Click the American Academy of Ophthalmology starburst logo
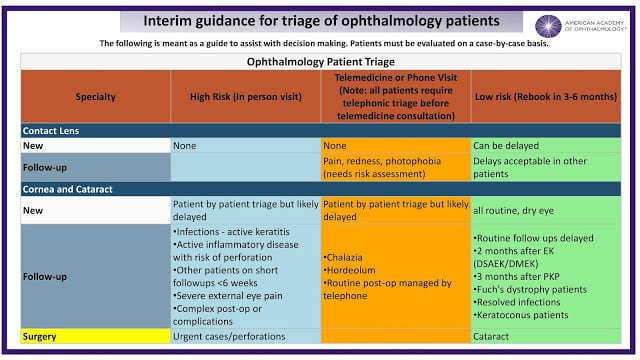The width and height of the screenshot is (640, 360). (548, 26)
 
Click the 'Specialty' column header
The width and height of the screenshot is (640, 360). (96, 97)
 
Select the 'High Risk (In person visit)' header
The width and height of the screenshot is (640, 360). (246, 97)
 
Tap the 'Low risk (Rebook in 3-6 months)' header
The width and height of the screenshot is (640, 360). (546, 97)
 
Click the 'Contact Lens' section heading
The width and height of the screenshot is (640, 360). (51, 131)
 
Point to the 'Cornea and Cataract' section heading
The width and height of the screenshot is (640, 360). (67, 189)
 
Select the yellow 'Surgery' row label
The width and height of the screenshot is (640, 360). (40, 337)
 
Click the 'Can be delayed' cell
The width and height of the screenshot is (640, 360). (506, 146)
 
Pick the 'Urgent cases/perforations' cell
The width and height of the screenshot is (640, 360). (229, 337)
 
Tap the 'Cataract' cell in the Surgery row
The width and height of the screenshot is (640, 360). (491, 337)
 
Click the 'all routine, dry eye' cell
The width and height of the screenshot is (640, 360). (513, 211)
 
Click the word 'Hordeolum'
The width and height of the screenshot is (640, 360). (349, 270)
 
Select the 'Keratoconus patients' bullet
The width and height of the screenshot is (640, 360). (521, 315)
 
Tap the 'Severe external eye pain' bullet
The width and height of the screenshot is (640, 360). (228, 296)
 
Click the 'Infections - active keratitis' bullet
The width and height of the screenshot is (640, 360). (231, 232)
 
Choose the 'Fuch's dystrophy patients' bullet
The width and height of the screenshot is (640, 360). (530, 289)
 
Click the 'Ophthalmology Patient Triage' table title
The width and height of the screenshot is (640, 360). (321, 62)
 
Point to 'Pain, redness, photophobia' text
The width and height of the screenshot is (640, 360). (382, 161)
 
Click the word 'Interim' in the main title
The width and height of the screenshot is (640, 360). (167, 21)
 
